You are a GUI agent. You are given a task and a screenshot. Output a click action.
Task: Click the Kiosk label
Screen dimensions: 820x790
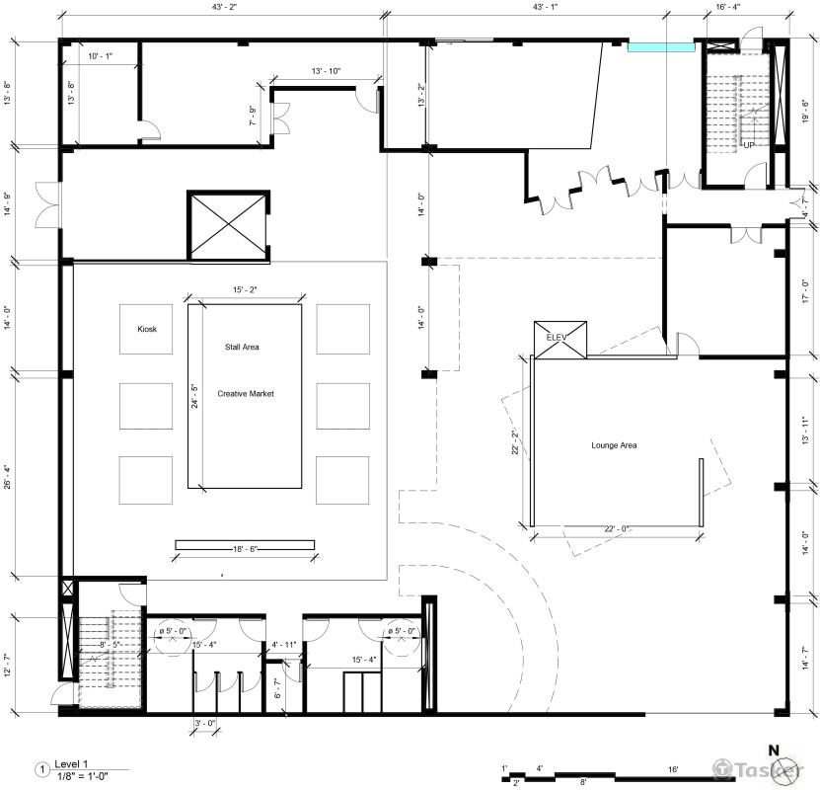click(x=147, y=329)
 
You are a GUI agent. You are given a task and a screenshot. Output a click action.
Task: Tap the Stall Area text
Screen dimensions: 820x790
click(x=242, y=347)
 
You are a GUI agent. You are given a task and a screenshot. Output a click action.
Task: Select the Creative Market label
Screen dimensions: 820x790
click(x=246, y=394)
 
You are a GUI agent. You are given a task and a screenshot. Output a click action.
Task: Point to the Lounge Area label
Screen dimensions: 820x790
click(x=614, y=445)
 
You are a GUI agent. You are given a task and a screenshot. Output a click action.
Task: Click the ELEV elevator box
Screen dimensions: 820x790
click(x=560, y=340)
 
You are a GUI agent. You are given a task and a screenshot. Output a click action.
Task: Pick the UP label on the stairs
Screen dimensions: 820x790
click(x=749, y=145)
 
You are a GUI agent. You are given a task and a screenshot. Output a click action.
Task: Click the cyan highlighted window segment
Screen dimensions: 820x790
click(x=661, y=47)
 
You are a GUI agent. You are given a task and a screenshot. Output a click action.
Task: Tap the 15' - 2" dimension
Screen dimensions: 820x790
click(x=245, y=290)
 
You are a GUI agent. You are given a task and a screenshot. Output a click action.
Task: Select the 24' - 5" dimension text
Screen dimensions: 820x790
click(x=194, y=396)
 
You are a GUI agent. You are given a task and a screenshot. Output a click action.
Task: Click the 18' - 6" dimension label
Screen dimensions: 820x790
click(x=246, y=549)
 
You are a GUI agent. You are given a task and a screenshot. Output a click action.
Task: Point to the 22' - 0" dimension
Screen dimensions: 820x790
click(x=617, y=529)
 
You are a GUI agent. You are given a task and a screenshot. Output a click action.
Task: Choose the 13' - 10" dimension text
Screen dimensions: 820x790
click(x=326, y=71)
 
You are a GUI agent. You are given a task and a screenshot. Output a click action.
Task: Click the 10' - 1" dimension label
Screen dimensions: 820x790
click(x=101, y=56)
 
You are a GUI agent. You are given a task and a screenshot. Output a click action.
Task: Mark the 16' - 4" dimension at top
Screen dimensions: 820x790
click(x=728, y=7)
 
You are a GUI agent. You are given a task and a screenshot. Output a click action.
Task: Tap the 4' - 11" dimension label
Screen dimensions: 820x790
click(x=283, y=645)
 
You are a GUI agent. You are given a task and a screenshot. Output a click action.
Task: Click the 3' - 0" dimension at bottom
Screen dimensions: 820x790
click(x=205, y=724)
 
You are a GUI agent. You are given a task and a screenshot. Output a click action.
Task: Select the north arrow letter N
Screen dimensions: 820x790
click(x=774, y=750)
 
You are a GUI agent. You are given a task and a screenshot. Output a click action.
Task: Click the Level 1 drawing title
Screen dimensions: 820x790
click(x=72, y=764)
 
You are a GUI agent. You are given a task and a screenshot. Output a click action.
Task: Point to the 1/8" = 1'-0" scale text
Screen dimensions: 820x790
click(x=83, y=776)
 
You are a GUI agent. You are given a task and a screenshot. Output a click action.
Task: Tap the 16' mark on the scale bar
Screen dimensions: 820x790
click(x=673, y=769)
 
